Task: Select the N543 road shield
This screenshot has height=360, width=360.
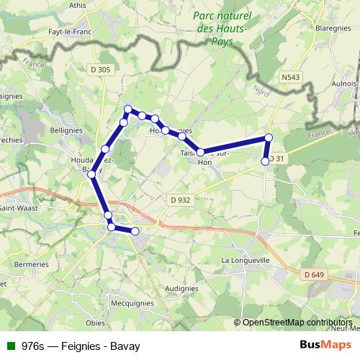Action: (291, 76)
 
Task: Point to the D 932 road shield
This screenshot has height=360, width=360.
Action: (180, 199)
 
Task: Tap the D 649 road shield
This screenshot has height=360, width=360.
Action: (313, 274)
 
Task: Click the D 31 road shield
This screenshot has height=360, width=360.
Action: (278, 158)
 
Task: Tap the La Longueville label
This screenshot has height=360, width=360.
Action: (246, 260)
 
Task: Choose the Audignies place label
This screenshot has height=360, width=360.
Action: (181, 288)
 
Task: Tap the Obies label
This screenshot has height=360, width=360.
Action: (95, 323)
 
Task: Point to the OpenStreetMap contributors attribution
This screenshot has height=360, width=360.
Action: (297, 323)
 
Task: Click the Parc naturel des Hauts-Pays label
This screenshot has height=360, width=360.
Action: (220, 28)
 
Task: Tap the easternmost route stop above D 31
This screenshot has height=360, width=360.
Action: (269, 138)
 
